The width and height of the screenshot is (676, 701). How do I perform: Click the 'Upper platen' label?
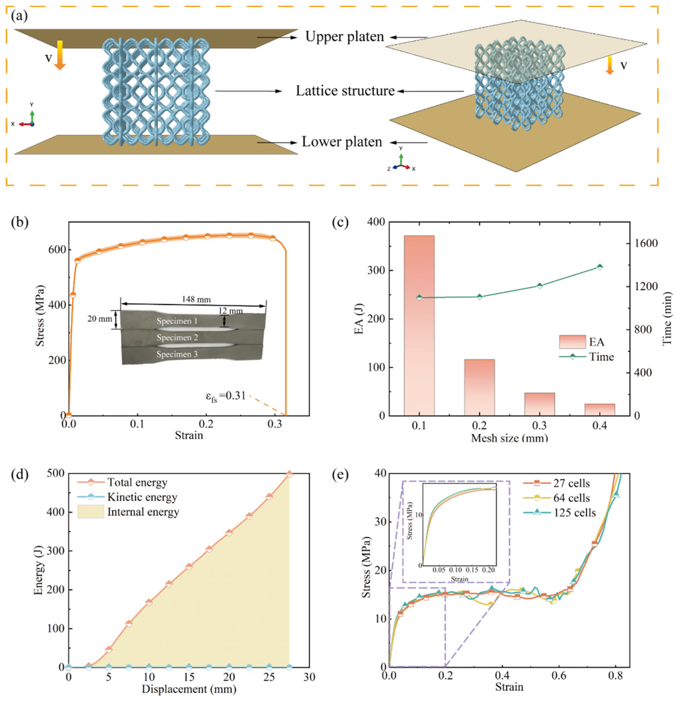point(345,37)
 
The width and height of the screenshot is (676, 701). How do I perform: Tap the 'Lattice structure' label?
point(345,91)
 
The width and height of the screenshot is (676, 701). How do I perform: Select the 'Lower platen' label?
point(342,142)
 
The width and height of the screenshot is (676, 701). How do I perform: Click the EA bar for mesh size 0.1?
point(419,325)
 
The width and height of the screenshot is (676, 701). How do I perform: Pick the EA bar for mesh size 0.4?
point(600,409)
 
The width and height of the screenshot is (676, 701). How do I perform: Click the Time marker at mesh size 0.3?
point(540,286)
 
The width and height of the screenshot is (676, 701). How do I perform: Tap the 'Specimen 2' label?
point(177,337)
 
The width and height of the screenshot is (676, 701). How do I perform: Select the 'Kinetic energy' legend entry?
point(142,497)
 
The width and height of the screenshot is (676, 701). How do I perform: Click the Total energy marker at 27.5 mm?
point(289,474)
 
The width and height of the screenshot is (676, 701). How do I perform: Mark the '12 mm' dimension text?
point(230,311)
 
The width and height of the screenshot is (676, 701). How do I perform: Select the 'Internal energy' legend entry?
point(143,512)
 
